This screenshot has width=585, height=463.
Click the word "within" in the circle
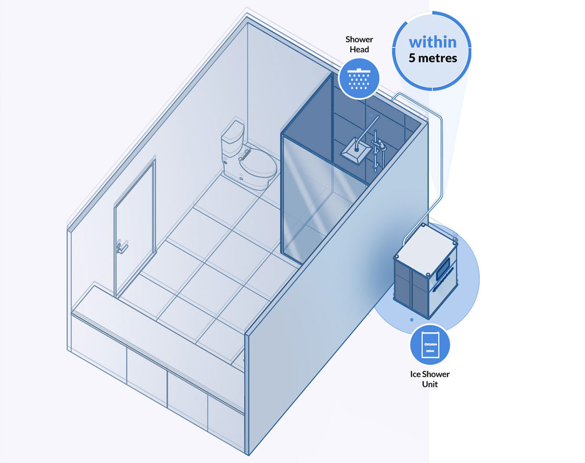pos(432,41)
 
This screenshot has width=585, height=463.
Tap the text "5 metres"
pos(432,58)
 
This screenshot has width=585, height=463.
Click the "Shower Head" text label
pos(359,44)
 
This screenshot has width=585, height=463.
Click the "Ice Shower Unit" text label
pos(429,379)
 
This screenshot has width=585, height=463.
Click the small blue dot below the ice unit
pos(411,320)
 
